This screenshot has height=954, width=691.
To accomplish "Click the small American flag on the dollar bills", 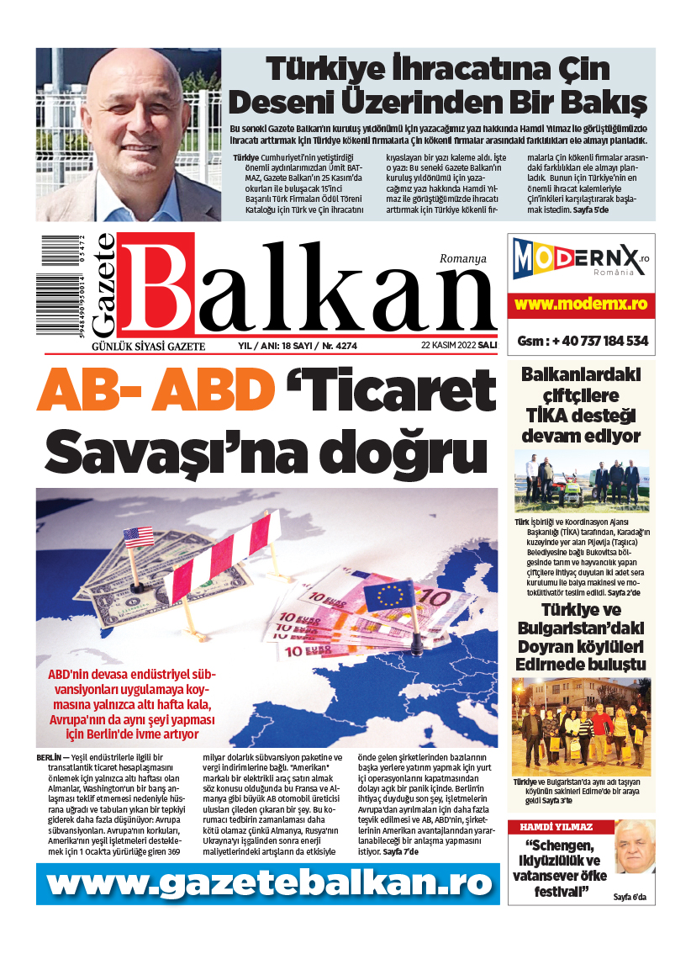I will click(138, 536).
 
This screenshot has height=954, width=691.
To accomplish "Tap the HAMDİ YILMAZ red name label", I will click(556, 827).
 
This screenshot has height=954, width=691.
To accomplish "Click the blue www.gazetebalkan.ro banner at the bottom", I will click(266, 882).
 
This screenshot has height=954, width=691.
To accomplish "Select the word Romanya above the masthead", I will click(462, 259).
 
